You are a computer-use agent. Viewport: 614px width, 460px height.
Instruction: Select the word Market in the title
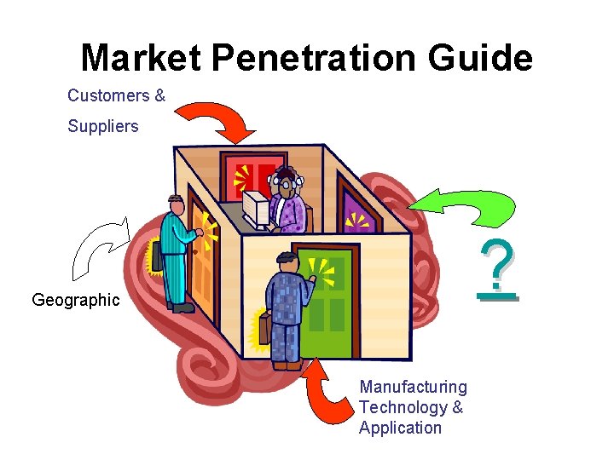[141, 59]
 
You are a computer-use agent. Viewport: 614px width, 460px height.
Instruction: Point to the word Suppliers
[102, 126]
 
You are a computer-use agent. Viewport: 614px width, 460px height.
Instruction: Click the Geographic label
[76, 300]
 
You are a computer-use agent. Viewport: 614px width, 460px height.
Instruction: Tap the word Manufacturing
[413, 388]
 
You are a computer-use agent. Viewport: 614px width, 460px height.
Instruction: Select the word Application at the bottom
[400, 428]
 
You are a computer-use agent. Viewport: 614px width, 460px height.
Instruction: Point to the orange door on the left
[202, 256]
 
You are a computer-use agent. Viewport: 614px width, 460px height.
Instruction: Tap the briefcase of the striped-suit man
[158, 256]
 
